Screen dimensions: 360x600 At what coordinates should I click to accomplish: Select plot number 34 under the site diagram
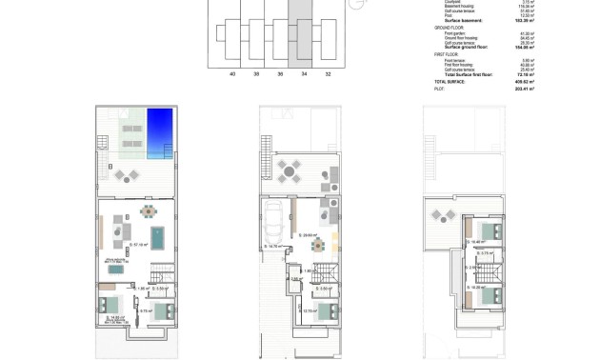click(x=303, y=71)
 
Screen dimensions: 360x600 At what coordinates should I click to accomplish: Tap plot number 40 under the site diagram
click(x=230, y=71)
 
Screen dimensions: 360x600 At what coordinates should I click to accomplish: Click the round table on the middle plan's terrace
click(x=289, y=170)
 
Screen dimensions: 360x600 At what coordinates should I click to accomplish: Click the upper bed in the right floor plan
click(x=491, y=230)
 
